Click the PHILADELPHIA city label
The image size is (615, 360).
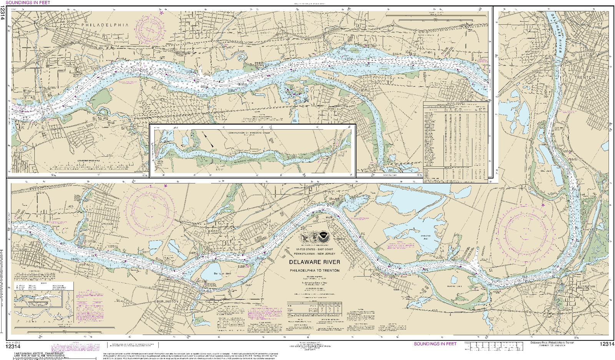click(105, 25)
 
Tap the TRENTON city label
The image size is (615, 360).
click(585, 77)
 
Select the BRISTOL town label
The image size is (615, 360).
click(215, 232)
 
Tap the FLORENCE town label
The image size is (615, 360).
click(339, 239)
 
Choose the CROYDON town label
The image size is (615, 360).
click(108, 224)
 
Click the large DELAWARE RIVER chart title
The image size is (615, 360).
click(314, 262)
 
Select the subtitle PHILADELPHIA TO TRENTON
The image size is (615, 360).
click(314, 270)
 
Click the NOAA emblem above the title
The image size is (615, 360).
click(323, 237)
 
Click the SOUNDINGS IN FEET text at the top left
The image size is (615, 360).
click(28, 3)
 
